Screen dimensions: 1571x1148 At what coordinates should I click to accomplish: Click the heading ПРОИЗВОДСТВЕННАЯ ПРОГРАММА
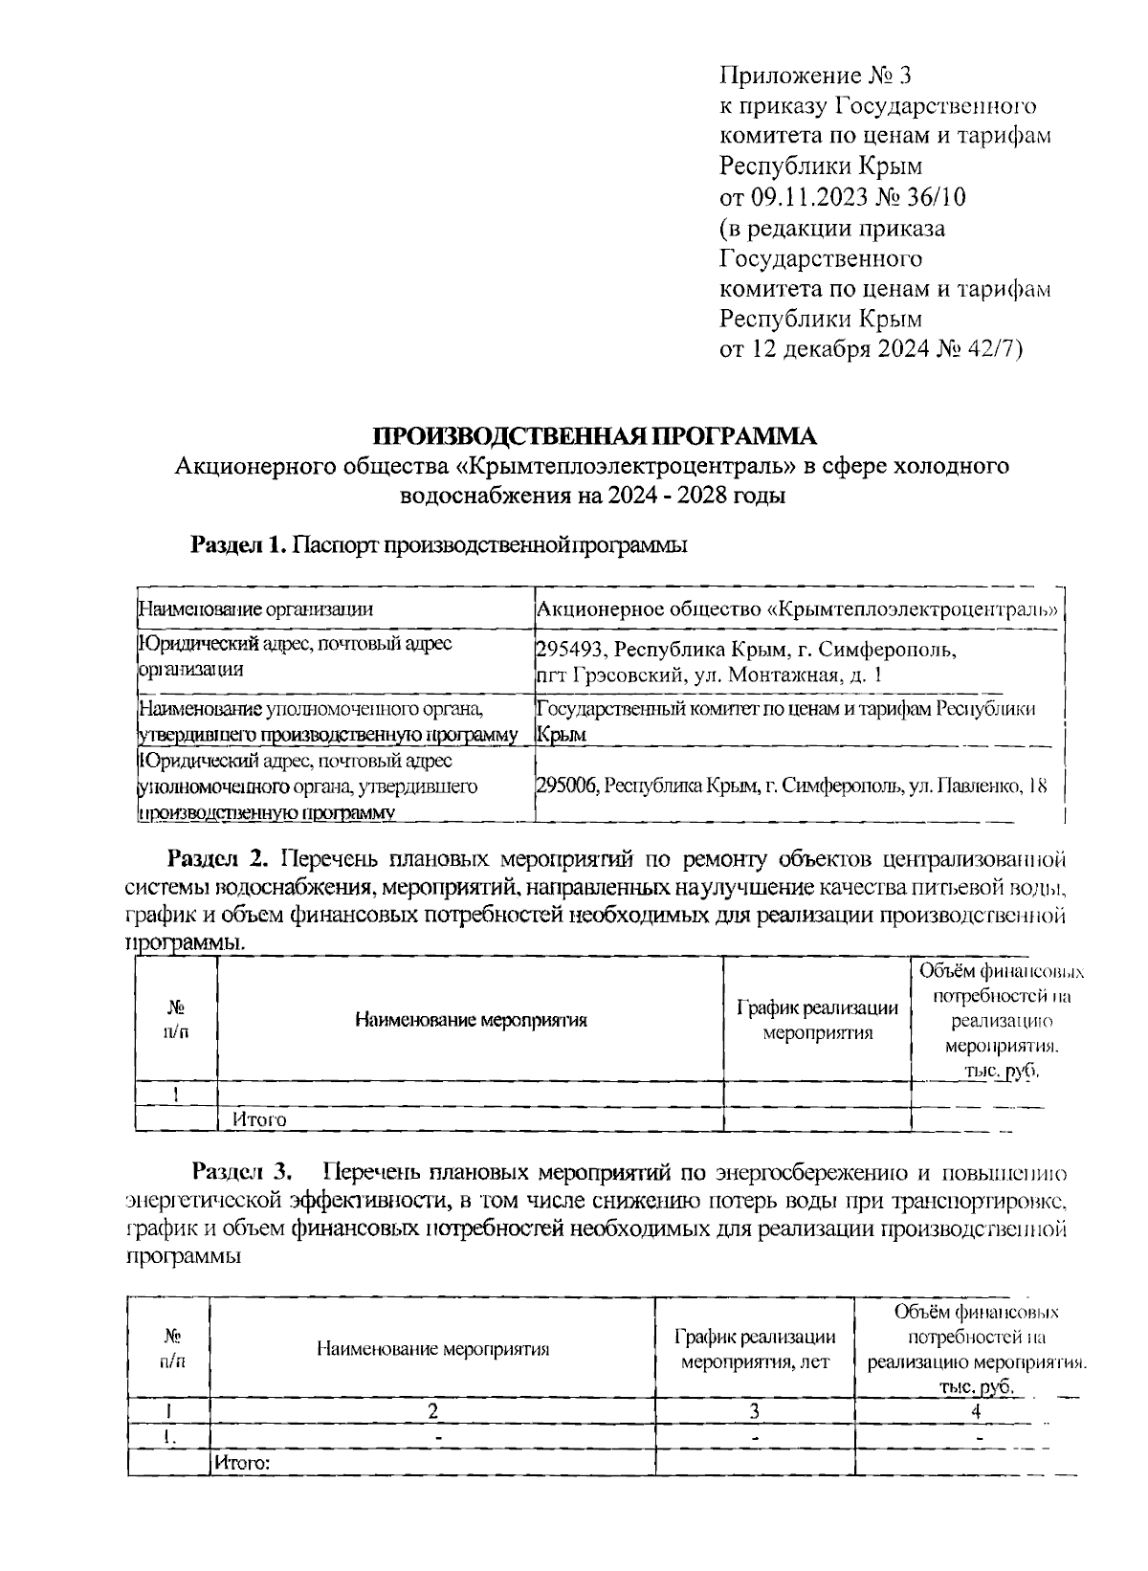(595, 436)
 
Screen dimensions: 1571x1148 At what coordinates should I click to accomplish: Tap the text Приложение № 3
(820, 75)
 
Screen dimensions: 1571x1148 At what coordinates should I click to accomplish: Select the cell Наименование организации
(255, 609)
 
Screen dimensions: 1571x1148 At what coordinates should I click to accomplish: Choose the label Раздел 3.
(245, 1172)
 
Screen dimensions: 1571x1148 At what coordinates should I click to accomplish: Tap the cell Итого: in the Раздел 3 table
(242, 1462)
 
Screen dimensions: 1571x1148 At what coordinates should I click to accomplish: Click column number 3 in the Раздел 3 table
(755, 1410)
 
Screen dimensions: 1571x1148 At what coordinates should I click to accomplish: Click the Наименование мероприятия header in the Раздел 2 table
(471, 1020)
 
